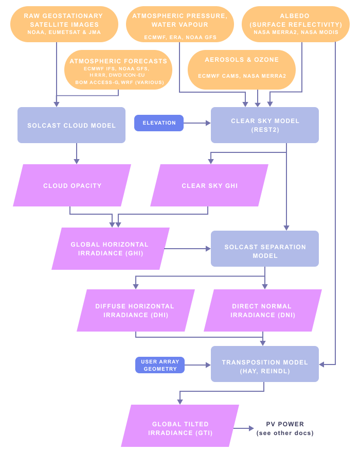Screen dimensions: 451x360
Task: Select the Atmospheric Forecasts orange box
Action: point(118,71)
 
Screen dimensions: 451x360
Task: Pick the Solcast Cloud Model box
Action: point(71,125)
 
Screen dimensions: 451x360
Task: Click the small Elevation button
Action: point(159,123)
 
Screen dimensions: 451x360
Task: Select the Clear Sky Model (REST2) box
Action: point(265,125)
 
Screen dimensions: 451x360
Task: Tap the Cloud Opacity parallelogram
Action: point(72,185)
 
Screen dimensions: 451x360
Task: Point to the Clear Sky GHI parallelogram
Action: point(209,185)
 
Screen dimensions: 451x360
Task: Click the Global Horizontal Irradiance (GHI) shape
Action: point(110,249)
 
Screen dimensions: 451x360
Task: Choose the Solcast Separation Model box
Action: point(265,251)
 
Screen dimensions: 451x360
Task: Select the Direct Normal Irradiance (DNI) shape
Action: point(262,310)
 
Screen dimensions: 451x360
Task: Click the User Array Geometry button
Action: point(160,365)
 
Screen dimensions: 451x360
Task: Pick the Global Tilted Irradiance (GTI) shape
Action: point(180,428)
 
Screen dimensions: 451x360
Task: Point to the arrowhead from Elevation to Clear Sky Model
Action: point(208,123)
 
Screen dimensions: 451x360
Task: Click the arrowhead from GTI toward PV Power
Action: point(251,428)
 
